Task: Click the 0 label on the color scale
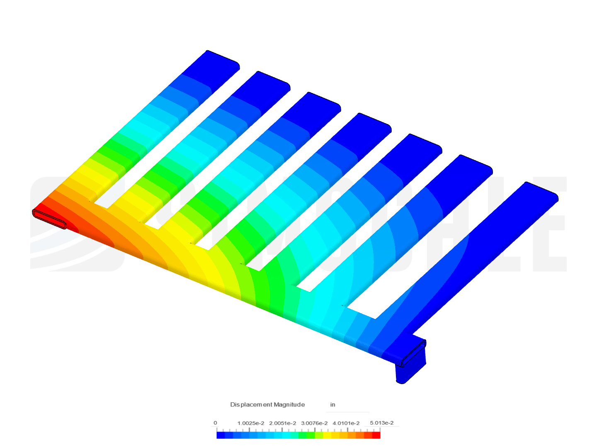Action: pos(215,423)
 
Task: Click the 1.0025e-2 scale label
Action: pos(250,423)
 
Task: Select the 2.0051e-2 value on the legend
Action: pos(282,423)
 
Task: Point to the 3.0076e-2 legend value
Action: pos(314,423)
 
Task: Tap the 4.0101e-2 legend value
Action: pos(346,423)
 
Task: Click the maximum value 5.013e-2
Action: pos(381,423)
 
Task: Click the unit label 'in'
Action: pos(332,404)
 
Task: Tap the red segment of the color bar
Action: pos(376,435)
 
